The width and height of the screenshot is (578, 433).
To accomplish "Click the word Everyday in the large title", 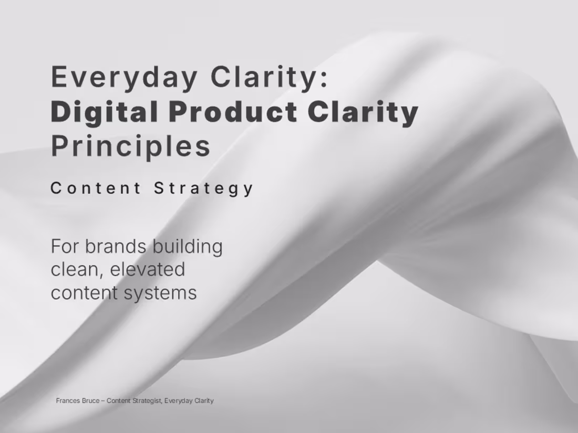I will tap(123, 77).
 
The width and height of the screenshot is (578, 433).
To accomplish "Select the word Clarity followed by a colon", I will tap(270, 77).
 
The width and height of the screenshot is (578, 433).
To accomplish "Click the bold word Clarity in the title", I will tap(363, 112).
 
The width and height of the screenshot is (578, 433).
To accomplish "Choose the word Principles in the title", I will tap(131, 146).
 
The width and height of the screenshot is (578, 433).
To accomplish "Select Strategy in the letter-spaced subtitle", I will tap(204, 188).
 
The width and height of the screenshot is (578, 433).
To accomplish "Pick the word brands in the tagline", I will tap(115, 246).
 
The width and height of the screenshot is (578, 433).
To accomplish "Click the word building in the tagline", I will tap(188, 246).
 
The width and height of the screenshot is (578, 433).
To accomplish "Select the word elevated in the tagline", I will tap(148, 269).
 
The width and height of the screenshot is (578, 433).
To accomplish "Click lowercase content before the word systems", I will tap(84, 292).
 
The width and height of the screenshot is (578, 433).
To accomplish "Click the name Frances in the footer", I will tap(68, 400).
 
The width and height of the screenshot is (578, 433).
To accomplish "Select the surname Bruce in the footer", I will tap(90, 400).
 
